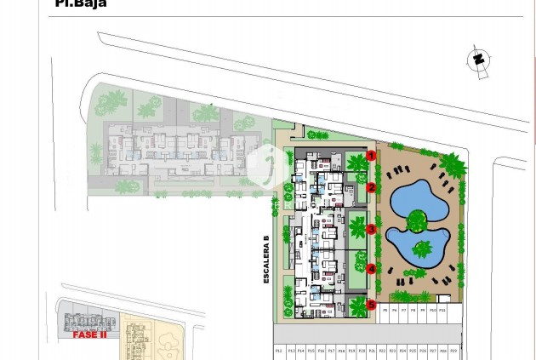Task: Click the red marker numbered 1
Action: tap(372, 155)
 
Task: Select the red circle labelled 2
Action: tap(372, 188)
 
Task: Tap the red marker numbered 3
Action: tap(372, 230)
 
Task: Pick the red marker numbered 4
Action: tap(372, 269)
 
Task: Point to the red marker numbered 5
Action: tap(372, 304)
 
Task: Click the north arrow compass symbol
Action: tap(477, 60)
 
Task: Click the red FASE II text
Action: tap(89, 334)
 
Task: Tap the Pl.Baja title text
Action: tap(81, 3)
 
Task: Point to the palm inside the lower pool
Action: tap(422, 249)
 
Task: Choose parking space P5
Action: tap(384, 311)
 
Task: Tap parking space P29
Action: tap(453, 350)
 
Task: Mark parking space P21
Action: tap(372, 350)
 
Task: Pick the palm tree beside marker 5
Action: tap(356, 304)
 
